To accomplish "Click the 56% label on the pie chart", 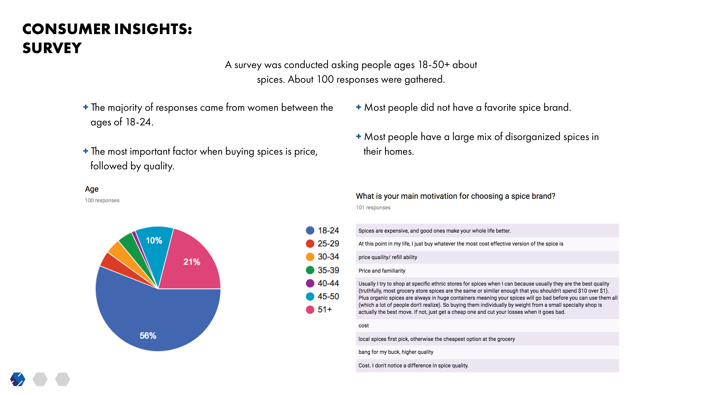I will click(148, 336).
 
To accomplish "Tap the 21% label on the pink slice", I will click(192, 262).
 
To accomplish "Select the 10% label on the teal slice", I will click(154, 240).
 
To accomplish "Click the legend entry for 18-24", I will click(322, 231).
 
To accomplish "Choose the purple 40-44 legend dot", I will click(310, 283).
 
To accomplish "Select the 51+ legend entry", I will click(319, 310).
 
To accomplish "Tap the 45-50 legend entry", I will click(322, 297).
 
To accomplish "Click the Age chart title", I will click(92, 189).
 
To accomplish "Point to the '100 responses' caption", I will click(102, 200).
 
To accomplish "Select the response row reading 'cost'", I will click(364, 326).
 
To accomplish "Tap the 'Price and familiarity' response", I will click(382, 271).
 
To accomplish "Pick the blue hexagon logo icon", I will click(18, 379).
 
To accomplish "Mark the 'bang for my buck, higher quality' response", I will click(396, 352).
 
